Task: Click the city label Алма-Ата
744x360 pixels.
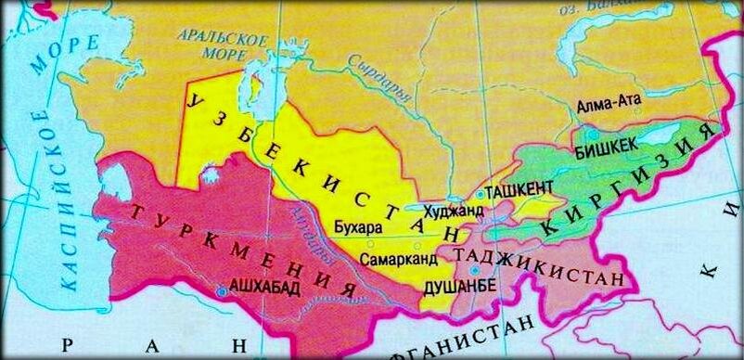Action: [608, 107]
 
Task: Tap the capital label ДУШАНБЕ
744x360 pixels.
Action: [460, 287]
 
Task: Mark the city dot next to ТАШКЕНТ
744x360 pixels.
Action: [480, 196]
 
